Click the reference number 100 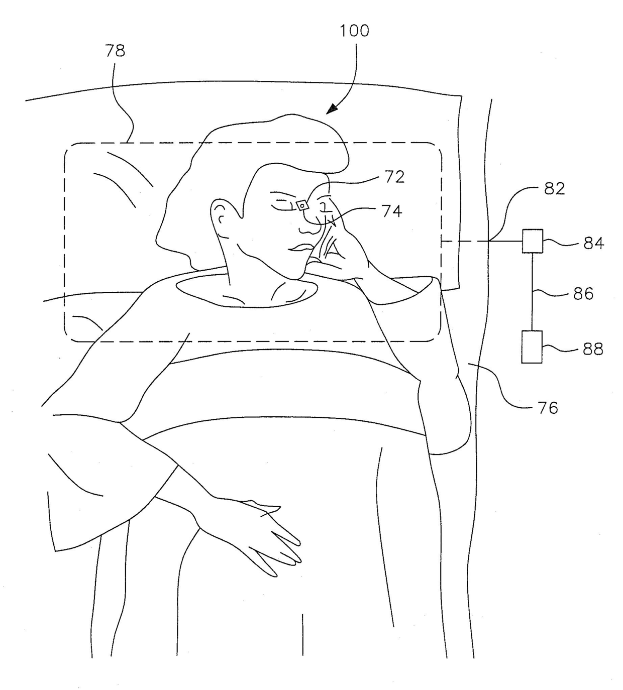tap(354, 31)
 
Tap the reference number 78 tap(115, 51)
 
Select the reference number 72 tap(394, 177)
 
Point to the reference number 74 tap(392, 211)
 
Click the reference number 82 tap(554, 189)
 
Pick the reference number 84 tap(593, 244)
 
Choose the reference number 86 tap(583, 293)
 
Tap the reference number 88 tap(593, 349)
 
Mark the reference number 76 tap(548, 408)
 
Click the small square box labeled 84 tap(533, 241)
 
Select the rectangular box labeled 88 tap(532, 347)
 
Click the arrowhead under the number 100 tap(332, 109)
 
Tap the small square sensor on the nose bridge tap(302, 205)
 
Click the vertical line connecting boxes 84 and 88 tap(532, 291)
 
